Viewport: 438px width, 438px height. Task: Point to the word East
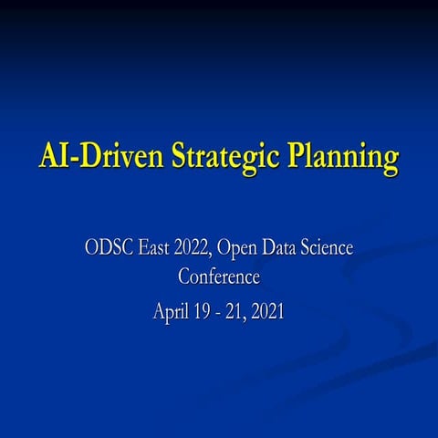point(156,247)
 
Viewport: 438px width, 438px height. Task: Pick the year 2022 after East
point(198,247)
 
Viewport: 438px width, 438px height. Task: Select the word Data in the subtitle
point(286,247)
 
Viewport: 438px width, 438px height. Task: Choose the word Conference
point(219,276)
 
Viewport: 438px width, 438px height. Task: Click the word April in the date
point(171,312)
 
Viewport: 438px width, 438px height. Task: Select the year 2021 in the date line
point(267,311)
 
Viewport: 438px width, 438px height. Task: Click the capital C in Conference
point(183,276)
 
